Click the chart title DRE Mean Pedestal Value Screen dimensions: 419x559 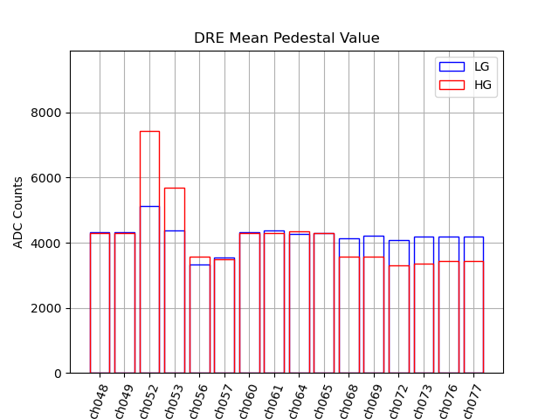(x=286, y=38)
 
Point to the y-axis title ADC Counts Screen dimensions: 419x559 (x=18, y=212)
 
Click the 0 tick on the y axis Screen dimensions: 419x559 (x=58, y=374)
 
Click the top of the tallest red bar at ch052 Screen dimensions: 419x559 (x=149, y=131)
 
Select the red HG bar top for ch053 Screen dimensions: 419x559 (x=175, y=188)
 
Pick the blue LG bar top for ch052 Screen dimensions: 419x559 (x=149, y=206)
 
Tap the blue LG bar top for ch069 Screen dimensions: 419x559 (x=374, y=236)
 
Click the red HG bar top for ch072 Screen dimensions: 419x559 (x=399, y=265)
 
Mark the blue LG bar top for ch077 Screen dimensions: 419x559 (x=473, y=237)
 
